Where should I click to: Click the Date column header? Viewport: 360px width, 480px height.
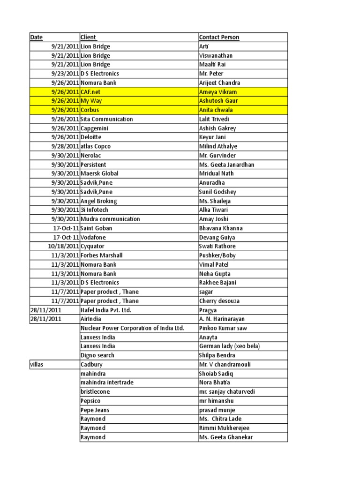point(36,37)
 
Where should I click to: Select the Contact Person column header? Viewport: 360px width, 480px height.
point(219,37)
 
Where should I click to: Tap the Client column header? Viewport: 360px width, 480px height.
point(89,37)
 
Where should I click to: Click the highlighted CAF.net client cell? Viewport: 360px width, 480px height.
point(90,92)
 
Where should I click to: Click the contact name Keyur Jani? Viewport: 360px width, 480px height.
point(213,137)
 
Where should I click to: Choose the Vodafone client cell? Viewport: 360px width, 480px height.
point(93,237)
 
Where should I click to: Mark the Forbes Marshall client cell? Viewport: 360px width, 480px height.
point(102,255)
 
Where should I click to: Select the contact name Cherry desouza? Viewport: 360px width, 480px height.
point(219,301)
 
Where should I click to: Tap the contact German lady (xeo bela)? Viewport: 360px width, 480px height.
point(229,346)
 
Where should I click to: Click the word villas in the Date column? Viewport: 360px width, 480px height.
point(37,364)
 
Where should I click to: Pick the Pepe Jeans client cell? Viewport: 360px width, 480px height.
point(95,410)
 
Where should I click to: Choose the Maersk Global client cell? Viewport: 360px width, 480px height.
point(99,173)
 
